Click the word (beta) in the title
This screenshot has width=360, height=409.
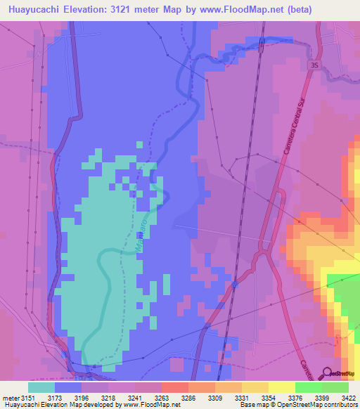pos(295,9)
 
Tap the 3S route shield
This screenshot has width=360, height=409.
pos(313,65)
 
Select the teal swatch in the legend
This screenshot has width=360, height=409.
pos(41,387)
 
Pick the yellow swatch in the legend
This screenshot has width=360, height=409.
pos(281,387)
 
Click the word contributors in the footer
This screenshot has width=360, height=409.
pos(340,405)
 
